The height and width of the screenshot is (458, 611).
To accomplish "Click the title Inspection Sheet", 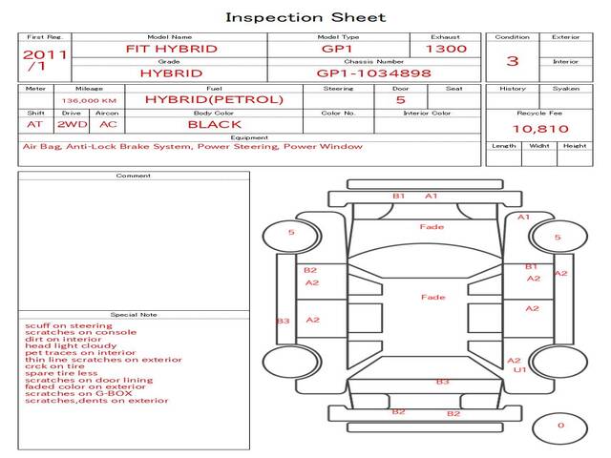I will (305, 17).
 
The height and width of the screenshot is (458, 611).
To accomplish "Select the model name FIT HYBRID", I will (172, 48).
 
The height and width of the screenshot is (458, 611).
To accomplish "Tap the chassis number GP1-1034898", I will (373, 73).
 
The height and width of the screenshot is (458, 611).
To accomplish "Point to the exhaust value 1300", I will (446, 48).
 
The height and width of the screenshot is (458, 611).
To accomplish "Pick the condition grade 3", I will (513, 60).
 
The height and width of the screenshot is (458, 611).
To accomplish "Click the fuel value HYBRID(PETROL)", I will (214, 99).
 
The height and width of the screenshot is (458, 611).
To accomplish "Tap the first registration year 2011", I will (45, 54).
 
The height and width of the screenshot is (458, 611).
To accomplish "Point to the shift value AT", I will (34, 124).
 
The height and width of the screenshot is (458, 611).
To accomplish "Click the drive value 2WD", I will (67, 124).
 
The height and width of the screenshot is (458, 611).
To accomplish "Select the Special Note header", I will (133, 313).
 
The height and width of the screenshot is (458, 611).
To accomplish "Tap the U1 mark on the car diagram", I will (520, 369).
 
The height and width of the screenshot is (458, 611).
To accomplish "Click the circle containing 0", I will (560, 426).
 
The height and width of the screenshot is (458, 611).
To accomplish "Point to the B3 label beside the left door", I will (283, 322).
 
